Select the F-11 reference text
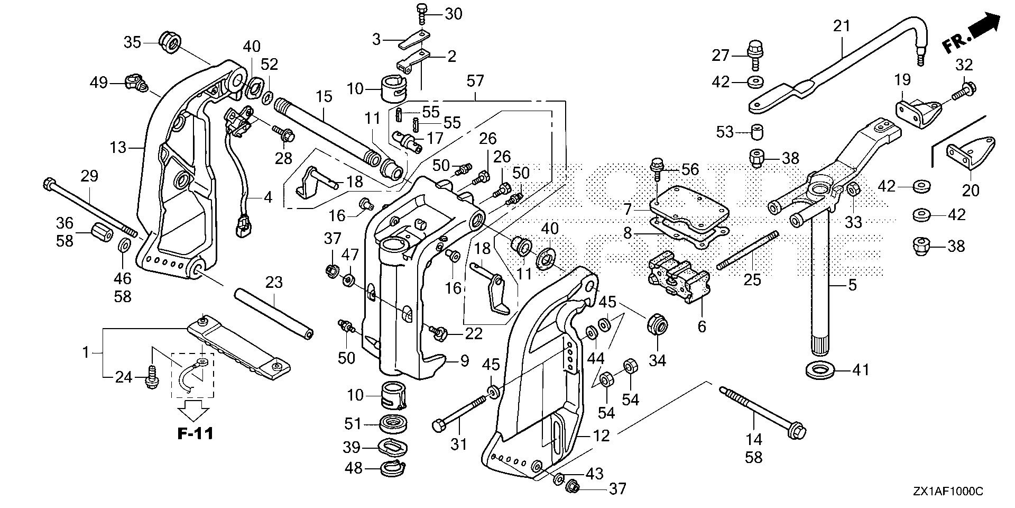pos(195,434)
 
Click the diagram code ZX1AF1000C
pos(947,492)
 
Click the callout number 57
pos(475,81)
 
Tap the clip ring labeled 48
pos(393,468)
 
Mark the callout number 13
pos(118,147)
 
